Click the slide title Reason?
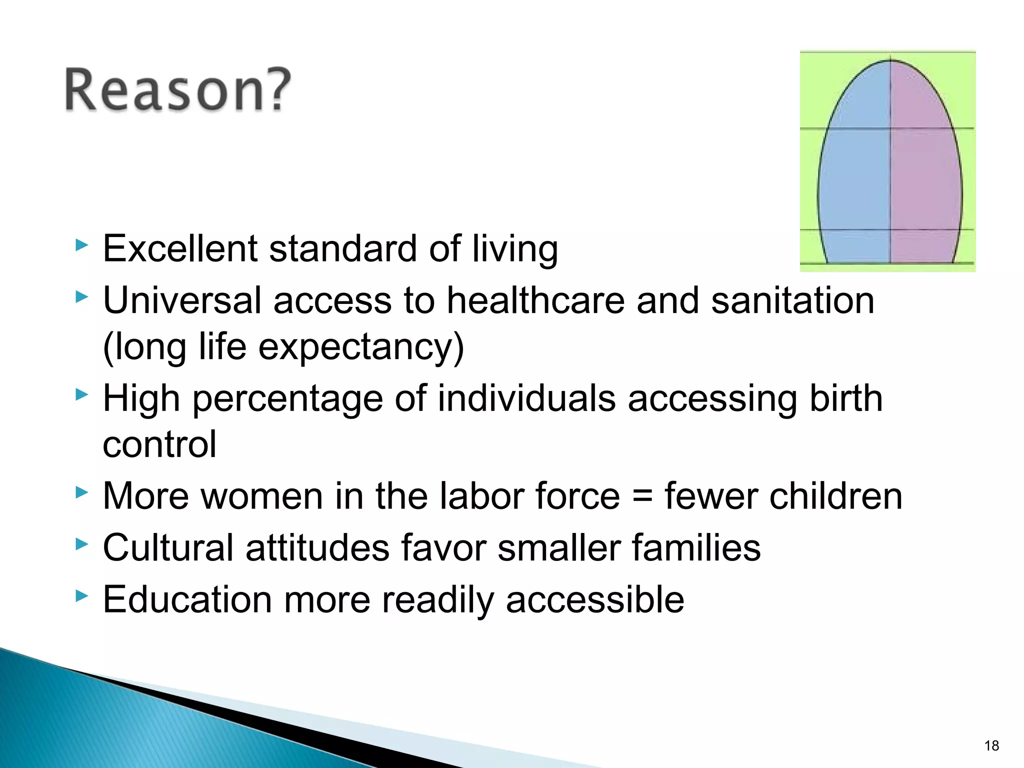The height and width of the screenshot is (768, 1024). coord(177,90)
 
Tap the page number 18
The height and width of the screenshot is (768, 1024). coord(991,745)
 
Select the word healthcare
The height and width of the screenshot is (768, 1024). coord(535,300)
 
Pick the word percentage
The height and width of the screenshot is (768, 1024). coord(287,399)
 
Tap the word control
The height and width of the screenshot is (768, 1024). coord(159,444)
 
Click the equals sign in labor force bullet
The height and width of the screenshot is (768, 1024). coord(642,496)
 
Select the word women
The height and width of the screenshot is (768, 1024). coord(256,496)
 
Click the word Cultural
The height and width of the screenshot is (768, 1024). coord(168,548)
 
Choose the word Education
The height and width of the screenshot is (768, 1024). coord(187,599)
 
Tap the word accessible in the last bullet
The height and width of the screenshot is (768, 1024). coord(595,599)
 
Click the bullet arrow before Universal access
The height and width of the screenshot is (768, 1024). coord(81,297)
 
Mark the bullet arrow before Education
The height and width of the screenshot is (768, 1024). coord(81,595)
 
